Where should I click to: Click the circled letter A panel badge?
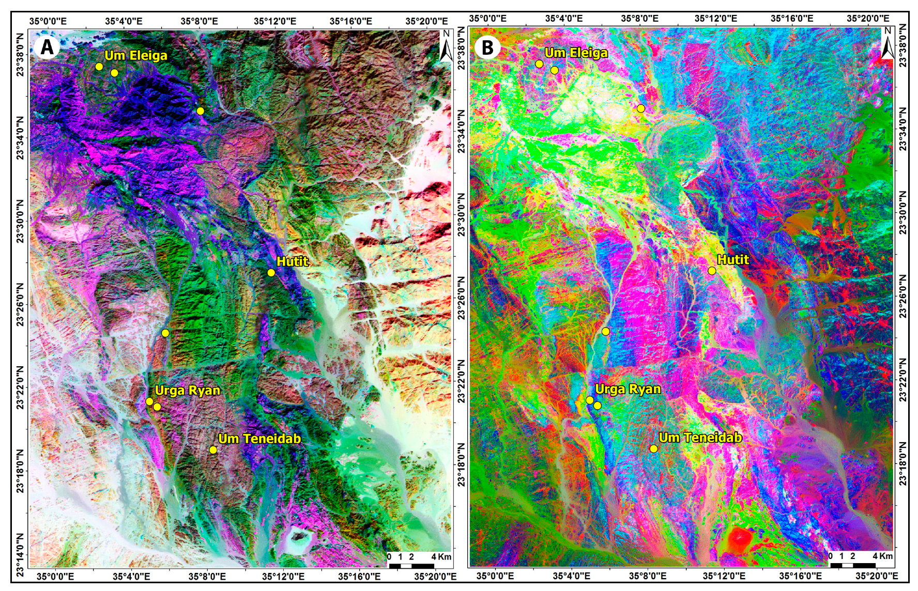[x=47, y=47]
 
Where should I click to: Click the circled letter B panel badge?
[x=487, y=47]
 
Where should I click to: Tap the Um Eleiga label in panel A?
[x=136, y=55]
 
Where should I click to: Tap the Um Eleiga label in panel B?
[x=576, y=53]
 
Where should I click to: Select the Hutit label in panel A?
[x=293, y=261]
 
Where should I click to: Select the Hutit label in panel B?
[x=733, y=259]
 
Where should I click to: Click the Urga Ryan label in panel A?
[x=188, y=390]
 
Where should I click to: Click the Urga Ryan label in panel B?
[x=628, y=389]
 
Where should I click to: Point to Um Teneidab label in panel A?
[x=259, y=439]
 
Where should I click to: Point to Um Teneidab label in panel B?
[x=700, y=438]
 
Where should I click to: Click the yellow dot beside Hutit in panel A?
[x=271, y=273]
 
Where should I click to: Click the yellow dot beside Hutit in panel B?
[x=712, y=271]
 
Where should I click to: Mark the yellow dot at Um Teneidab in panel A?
[x=213, y=449]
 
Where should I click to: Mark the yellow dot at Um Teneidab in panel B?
[x=653, y=448]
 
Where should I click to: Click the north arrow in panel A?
[x=446, y=46]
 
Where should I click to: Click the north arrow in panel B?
[x=887, y=44]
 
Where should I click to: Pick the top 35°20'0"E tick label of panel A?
[x=426, y=21]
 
